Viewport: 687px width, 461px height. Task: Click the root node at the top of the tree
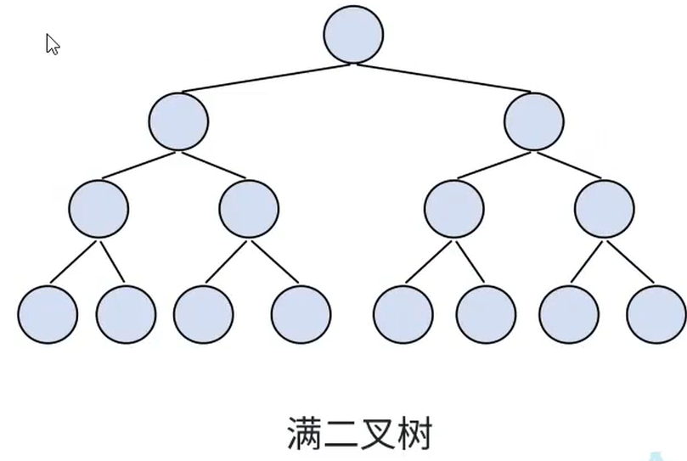pyautogui.click(x=353, y=34)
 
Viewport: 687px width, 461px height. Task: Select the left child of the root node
pyautogui.click(x=178, y=121)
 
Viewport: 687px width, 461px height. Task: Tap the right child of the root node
pyautogui.click(x=533, y=121)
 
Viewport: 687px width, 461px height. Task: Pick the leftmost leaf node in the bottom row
pyautogui.click(x=48, y=314)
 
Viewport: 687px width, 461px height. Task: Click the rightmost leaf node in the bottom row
pyautogui.click(x=656, y=314)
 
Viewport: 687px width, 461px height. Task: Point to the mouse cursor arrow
pyautogui.click(x=52, y=44)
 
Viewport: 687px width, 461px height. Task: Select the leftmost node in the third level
pyautogui.click(x=99, y=208)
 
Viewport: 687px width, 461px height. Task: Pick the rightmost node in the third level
pyautogui.click(x=604, y=208)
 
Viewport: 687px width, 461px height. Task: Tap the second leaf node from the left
pyautogui.click(x=126, y=314)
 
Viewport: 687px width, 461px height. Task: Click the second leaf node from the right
pyautogui.click(x=568, y=314)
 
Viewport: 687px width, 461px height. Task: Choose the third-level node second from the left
pyautogui.click(x=249, y=208)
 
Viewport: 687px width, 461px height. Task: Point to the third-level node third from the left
pyautogui.click(x=454, y=208)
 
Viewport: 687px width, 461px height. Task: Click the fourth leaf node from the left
pyautogui.click(x=301, y=314)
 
